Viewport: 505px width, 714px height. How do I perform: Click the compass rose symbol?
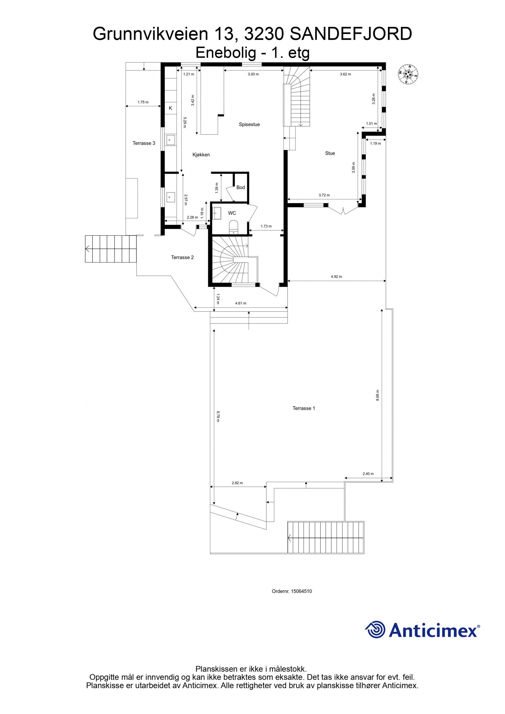pos(407,74)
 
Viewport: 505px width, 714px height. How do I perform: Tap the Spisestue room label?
pos(249,124)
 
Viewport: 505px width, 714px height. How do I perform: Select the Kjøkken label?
pos(201,155)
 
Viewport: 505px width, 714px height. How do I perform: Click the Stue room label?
pos(330,153)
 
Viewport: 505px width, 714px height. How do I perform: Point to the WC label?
pos(232,213)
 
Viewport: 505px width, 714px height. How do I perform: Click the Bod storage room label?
pos(241,187)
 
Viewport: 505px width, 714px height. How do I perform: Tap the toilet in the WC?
pos(234,227)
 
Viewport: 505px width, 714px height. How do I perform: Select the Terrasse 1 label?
pos(304,408)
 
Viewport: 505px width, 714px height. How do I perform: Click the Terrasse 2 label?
pos(182,257)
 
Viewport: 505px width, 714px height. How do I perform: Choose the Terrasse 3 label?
pos(144,143)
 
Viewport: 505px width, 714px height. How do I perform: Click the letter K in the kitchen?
pos(170,108)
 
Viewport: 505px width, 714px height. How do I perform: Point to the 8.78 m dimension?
pos(218,416)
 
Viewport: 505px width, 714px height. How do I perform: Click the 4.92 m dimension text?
pos(336,276)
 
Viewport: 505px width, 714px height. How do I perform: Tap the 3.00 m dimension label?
pos(253,74)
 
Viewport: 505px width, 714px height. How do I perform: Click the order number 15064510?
pos(301,591)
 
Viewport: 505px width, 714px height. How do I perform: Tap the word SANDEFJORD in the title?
pos(351,34)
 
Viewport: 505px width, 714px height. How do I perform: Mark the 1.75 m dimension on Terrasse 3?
pos(143,102)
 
